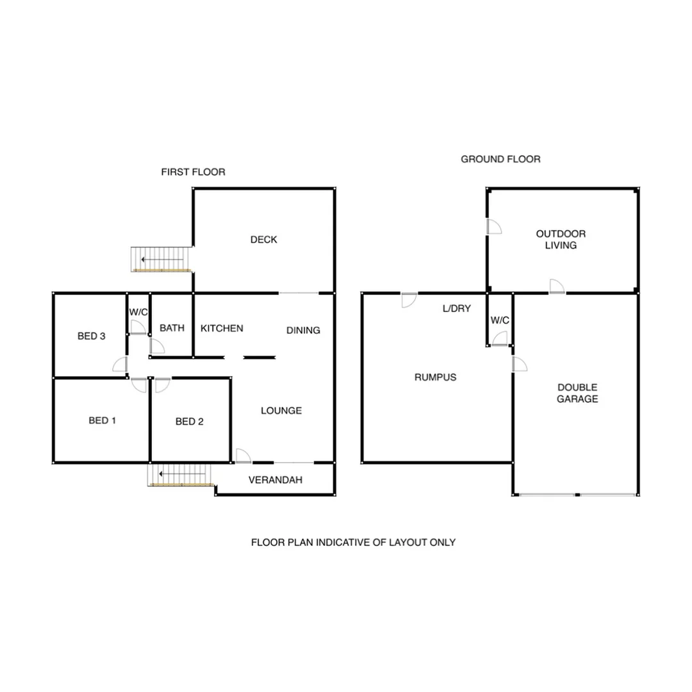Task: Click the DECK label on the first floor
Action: [263, 240]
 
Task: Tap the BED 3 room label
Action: [91, 336]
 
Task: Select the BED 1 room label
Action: [102, 421]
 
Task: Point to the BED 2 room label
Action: [189, 422]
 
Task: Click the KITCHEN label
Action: [222, 329]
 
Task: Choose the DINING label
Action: [303, 331]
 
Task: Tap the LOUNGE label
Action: [281, 411]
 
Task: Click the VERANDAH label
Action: [275, 480]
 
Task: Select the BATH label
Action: [172, 328]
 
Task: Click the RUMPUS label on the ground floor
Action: [435, 377]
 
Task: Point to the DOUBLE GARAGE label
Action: [577, 393]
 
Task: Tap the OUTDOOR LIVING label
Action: [561, 240]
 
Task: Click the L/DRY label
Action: [456, 308]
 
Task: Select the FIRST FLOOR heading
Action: [193, 172]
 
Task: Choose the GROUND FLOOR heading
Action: [500, 159]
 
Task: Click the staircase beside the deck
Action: [162, 259]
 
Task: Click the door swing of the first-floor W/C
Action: [138, 326]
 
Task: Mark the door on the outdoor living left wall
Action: [494, 226]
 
